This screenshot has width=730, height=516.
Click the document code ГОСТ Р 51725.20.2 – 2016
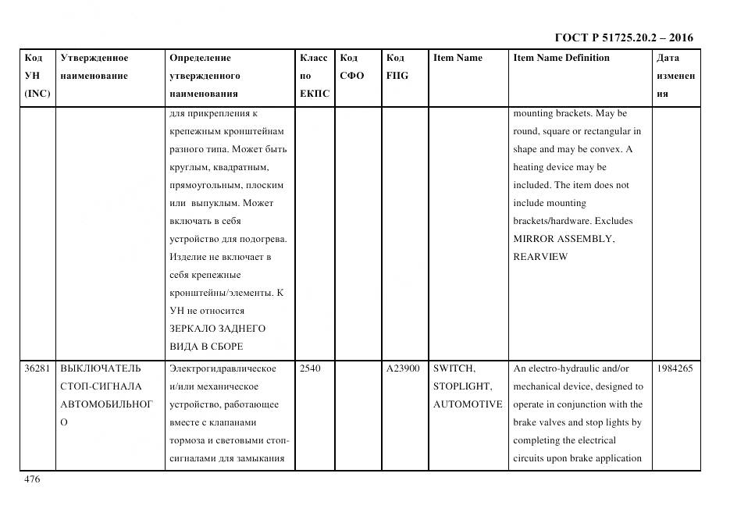(623, 37)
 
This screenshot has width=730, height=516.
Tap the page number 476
(32, 479)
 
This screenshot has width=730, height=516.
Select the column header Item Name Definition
(561, 58)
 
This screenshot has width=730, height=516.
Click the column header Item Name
(458, 58)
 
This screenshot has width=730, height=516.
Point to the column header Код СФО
(352, 67)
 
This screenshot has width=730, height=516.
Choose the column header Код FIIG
(397, 67)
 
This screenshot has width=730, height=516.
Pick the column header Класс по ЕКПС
(315, 76)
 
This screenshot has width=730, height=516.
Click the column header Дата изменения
(675, 76)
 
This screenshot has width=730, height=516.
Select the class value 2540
(310, 368)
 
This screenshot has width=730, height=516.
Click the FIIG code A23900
(403, 368)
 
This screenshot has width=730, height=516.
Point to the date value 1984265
(675, 368)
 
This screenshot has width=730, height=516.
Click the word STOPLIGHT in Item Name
(462, 386)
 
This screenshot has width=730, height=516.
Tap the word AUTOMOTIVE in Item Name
(468, 404)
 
